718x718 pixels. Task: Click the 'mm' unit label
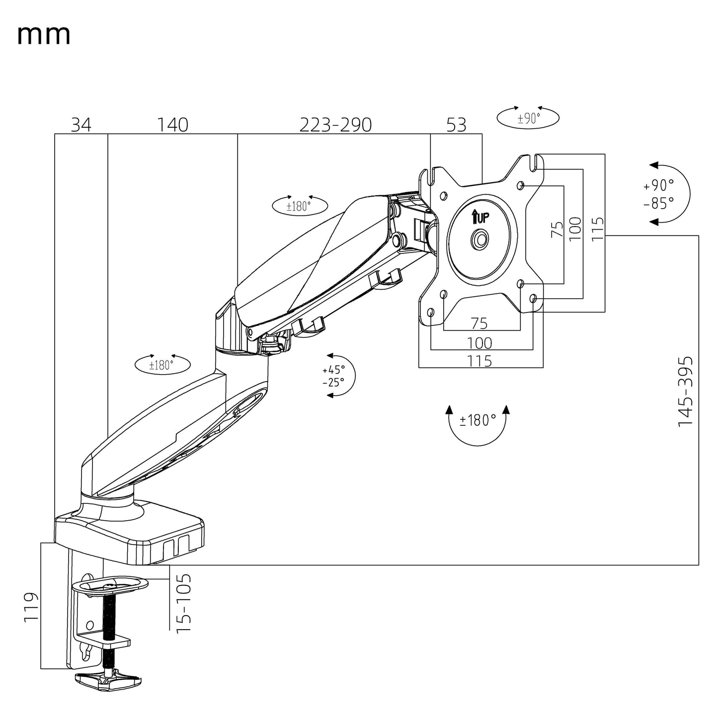click(x=44, y=35)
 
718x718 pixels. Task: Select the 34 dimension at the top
click(x=81, y=125)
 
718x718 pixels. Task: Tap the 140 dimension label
click(x=173, y=125)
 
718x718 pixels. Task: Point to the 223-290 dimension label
click(x=335, y=125)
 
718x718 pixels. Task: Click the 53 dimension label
click(x=456, y=125)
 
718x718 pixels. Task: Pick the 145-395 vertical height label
click(x=685, y=391)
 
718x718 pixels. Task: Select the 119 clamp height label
click(x=31, y=606)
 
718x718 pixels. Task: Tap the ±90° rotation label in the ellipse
click(x=529, y=118)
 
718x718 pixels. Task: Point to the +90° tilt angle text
click(x=659, y=185)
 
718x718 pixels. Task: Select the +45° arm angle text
click(x=333, y=370)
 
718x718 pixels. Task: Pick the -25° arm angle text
click(x=333, y=383)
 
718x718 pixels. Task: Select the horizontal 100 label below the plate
click(x=480, y=343)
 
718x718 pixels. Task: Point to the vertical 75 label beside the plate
click(x=558, y=229)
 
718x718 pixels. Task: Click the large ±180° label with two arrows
click(x=478, y=420)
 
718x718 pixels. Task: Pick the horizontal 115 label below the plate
click(x=480, y=361)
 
